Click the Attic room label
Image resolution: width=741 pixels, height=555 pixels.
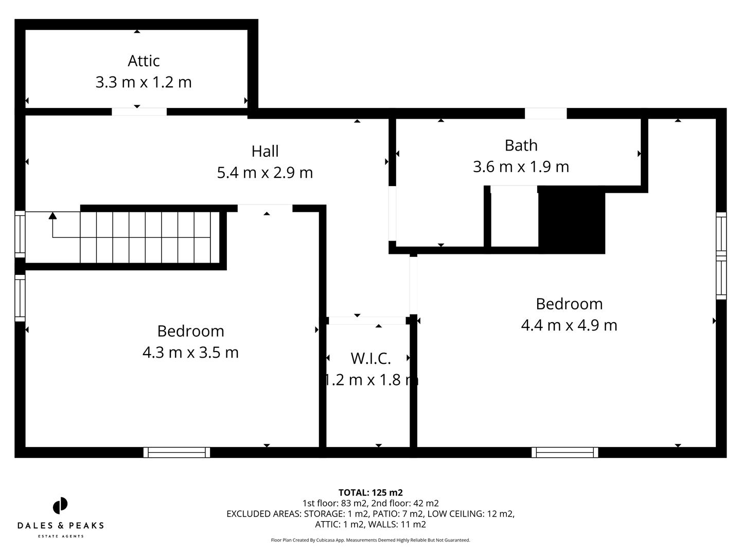tap(144, 61)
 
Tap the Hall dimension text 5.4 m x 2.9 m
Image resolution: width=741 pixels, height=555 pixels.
tap(264, 173)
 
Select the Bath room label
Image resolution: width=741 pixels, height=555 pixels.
tap(521, 145)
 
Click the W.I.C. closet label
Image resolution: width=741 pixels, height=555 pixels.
tap(370, 358)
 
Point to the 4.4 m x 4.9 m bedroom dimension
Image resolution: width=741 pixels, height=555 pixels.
tap(569, 325)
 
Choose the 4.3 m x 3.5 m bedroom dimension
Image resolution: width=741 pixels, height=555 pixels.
tap(190, 353)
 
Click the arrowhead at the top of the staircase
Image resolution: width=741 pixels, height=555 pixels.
tap(52, 216)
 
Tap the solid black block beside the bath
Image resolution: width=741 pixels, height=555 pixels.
tap(571, 220)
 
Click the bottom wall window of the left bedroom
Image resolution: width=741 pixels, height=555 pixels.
tap(177, 452)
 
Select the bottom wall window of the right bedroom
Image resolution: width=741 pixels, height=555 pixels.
tap(564, 452)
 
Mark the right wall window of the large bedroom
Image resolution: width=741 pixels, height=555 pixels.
tap(721, 256)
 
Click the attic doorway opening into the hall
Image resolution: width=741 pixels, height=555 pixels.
tap(139, 112)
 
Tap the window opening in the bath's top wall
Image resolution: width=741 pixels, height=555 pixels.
tap(545, 114)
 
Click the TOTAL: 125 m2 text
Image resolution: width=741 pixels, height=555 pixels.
tap(370, 493)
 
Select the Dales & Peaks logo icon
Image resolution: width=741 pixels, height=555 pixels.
tap(60, 506)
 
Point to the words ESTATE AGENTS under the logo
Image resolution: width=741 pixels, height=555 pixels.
tap(60, 536)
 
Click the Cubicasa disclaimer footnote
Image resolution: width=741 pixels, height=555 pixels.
tap(370, 540)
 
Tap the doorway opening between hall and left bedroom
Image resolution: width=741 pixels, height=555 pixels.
tap(264, 208)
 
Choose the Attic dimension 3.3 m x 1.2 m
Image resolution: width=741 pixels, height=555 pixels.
tap(144, 82)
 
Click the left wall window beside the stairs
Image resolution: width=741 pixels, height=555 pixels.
tap(20, 234)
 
